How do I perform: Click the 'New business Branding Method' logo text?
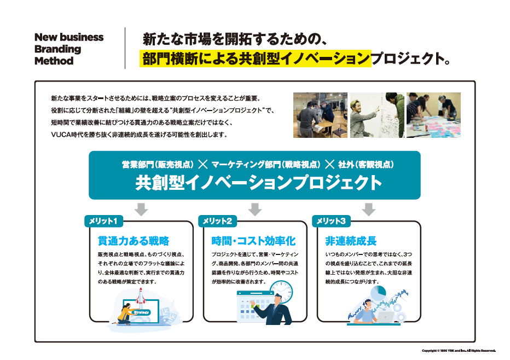pos(69,49)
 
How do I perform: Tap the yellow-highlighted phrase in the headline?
pos(256,59)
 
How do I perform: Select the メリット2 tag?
pos(217,221)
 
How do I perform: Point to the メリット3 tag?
pos(331,221)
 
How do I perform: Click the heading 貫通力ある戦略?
pos(133,241)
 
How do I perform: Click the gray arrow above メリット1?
pos(141,208)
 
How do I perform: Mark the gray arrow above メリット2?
pos(254,208)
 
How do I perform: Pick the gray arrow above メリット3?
pos(369,208)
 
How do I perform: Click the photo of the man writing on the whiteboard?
pos(377,114)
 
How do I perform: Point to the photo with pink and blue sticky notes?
pos(433,114)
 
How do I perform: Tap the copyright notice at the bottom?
pos(459,350)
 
